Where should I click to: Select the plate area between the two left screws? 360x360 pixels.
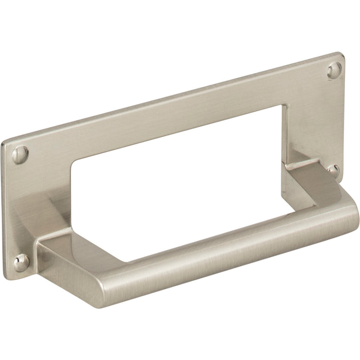(23, 206)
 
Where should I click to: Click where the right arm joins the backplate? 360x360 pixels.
(298, 154)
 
